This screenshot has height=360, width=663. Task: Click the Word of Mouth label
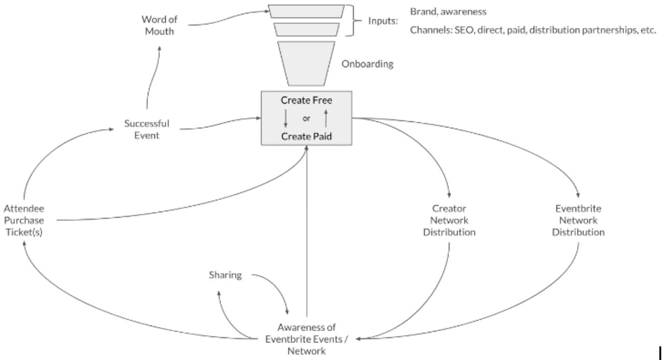pyautogui.click(x=160, y=25)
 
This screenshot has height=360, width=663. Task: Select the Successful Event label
pyautogui.click(x=147, y=129)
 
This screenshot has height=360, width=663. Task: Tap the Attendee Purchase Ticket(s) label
pyautogui.click(x=24, y=220)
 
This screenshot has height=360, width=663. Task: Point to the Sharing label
pyautogui.click(x=225, y=275)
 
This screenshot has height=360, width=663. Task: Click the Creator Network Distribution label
pyautogui.click(x=449, y=220)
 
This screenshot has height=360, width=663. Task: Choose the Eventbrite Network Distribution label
pyautogui.click(x=578, y=220)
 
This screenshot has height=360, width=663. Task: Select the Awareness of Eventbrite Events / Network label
pyautogui.click(x=307, y=339)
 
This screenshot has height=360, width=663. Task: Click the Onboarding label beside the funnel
pyautogui.click(x=367, y=64)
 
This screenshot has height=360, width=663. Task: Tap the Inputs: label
pyautogui.click(x=383, y=21)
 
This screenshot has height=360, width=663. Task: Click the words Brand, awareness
pyautogui.click(x=449, y=11)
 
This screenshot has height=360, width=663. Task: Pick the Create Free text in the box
pyautogui.click(x=307, y=100)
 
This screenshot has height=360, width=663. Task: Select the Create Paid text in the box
pyautogui.click(x=307, y=136)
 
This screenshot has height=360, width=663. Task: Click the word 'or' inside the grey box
pyautogui.click(x=307, y=119)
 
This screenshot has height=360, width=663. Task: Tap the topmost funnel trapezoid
pyautogui.click(x=307, y=11)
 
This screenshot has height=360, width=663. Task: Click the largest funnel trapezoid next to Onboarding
pyautogui.click(x=307, y=63)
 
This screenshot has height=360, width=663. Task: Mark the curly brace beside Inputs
pyautogui.click(x=354, y=21)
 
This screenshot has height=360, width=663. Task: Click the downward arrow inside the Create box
pyautogui.click(x=286, y=119)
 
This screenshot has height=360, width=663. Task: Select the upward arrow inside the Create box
pyautogui.click(x=326, y=119)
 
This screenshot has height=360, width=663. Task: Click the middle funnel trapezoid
pyautogui.click(x=307, y=29)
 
